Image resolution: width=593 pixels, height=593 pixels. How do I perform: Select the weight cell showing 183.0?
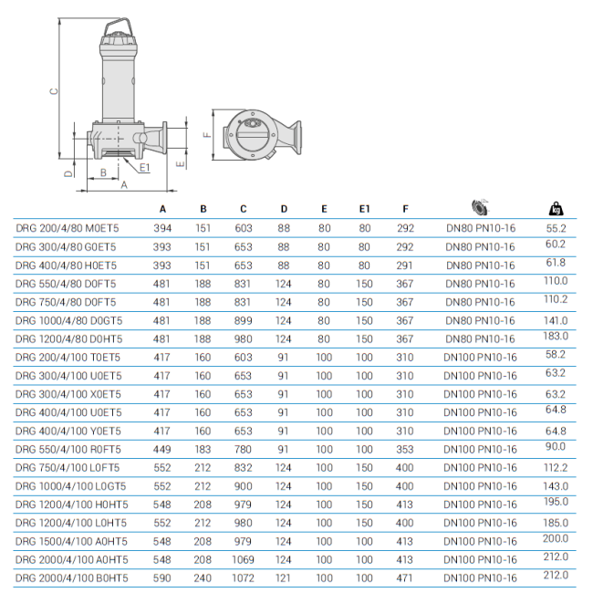click(556, 337)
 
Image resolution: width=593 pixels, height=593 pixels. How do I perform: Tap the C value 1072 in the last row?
click(244, 577)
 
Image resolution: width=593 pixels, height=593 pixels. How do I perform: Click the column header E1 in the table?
click(365, 209)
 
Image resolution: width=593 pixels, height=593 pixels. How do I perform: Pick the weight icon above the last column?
click(556, 208)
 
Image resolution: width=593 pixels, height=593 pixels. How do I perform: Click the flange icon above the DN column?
click(480, 207)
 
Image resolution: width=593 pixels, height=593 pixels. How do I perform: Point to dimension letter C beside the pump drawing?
click(54, 90)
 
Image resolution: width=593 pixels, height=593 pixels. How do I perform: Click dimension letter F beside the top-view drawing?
click(207, 135)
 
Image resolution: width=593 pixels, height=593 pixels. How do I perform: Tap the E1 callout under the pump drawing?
click(145, 168)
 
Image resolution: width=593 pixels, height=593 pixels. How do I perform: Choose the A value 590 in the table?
click(163, 577)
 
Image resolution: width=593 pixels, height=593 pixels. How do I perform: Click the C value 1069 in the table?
click(244, 559)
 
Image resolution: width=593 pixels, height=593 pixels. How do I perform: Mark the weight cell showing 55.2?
click(556, 226)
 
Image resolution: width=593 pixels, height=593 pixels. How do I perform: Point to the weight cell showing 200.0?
click(556, 539)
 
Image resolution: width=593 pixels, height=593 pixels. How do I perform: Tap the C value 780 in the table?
click(244, 449)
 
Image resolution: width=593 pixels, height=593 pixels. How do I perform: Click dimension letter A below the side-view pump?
click(124, 184)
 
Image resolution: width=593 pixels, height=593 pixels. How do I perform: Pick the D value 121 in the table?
click(284, 577)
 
